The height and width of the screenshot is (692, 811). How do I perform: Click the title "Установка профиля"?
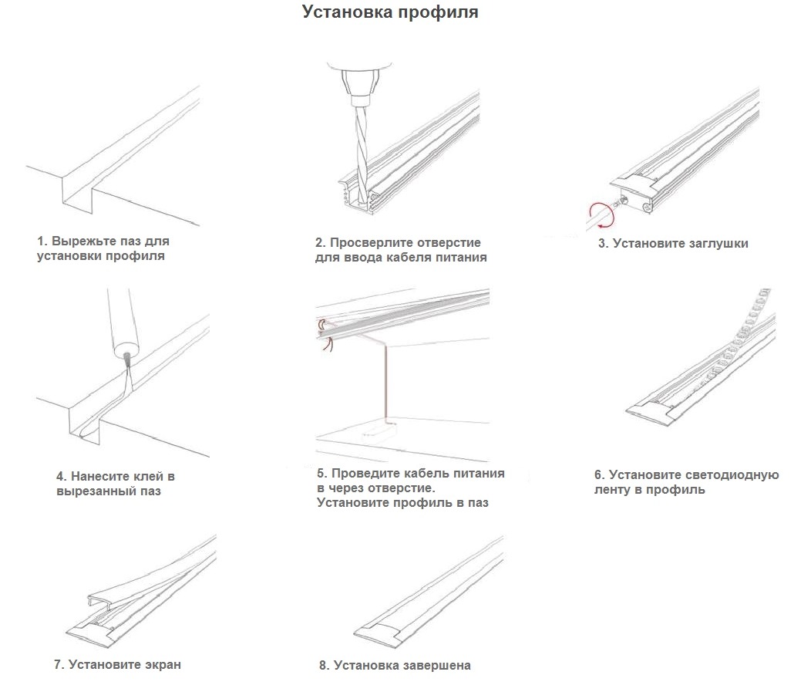click(x=389, y=13)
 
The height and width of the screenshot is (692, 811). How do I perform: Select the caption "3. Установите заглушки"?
click(x=673, y=244)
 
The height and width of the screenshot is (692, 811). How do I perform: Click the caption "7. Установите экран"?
click(x=117, y=664)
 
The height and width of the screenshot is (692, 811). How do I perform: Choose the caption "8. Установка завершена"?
click(x=394, y=665)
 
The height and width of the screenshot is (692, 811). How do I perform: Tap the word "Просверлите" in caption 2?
click(x=371, y=243)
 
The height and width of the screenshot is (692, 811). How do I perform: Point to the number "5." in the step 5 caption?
click(x=322, y=474)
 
